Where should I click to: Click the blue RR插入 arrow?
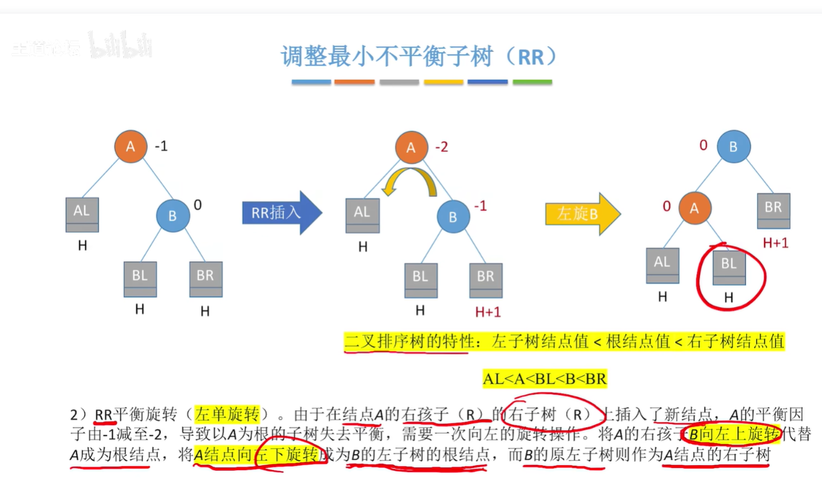coord(281,213)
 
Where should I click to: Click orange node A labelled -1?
coord(130,147)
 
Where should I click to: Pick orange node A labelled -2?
coord(411,147)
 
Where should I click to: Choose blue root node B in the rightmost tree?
coord(733,147)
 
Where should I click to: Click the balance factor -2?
coord(442,147)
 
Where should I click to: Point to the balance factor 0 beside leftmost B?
coord(198,204)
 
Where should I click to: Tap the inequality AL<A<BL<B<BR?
coord(544,378)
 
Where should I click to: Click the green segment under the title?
coord(532,82)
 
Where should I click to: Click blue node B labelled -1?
coord(453,217)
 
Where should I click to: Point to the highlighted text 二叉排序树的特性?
coord(406,342)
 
